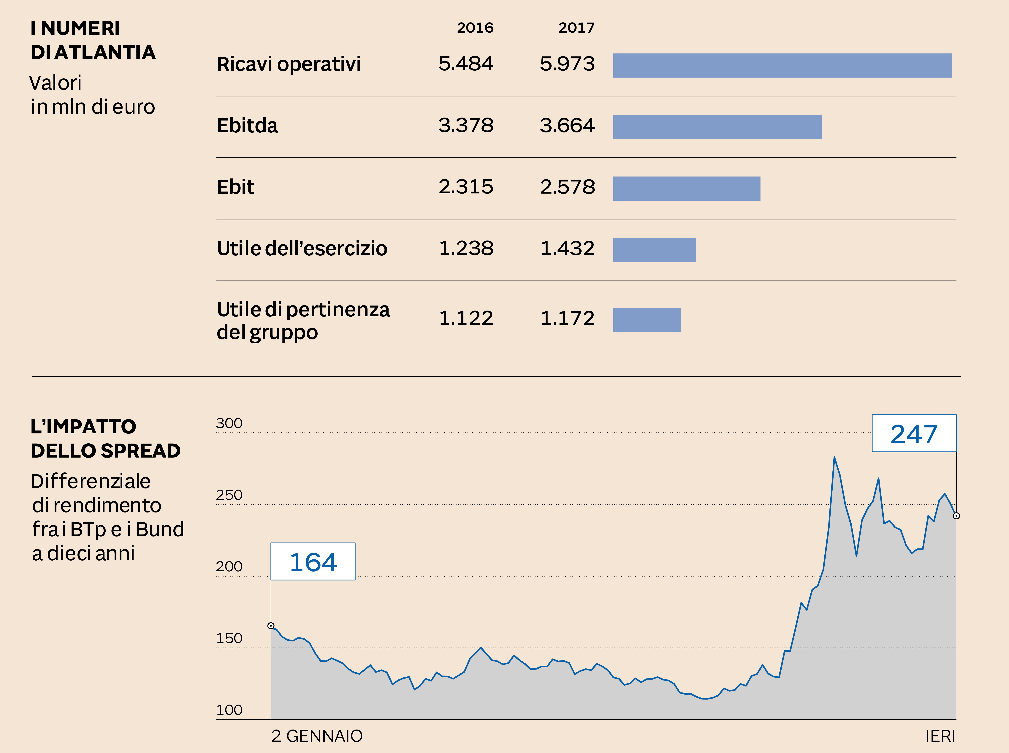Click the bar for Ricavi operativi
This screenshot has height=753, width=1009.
[782, 66]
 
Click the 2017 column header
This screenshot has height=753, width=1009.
[576, 28]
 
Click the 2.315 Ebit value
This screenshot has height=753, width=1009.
[466, 187]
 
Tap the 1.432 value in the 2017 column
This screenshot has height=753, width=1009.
[567, 248]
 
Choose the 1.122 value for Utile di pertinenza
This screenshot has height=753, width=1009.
[466, 318]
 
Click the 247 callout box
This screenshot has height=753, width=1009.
[914, 434]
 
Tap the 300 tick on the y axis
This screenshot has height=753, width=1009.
[229, 423]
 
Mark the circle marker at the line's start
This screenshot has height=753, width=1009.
[271, 626]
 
